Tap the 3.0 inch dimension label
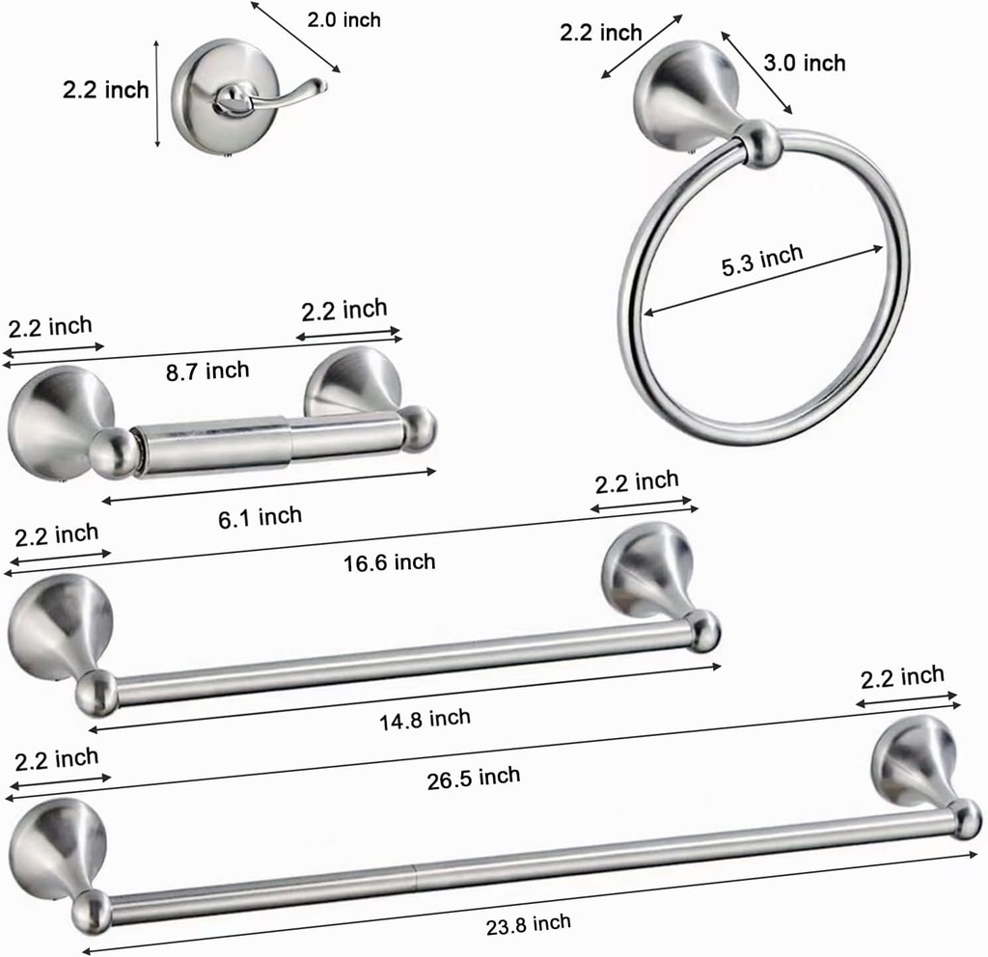tap(804, 64)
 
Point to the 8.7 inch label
tap(206, 370)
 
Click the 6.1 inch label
tap(260, 517)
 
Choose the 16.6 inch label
tap(389, 561)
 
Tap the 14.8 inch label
tap(425, 718)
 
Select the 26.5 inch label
tap(473, 777)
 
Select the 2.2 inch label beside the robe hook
tap(106, 91)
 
